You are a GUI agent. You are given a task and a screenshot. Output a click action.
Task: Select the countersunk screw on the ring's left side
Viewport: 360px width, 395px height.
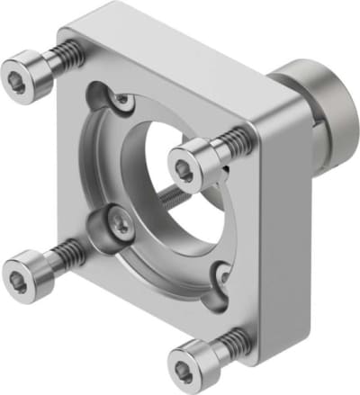tap(118, 219)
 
